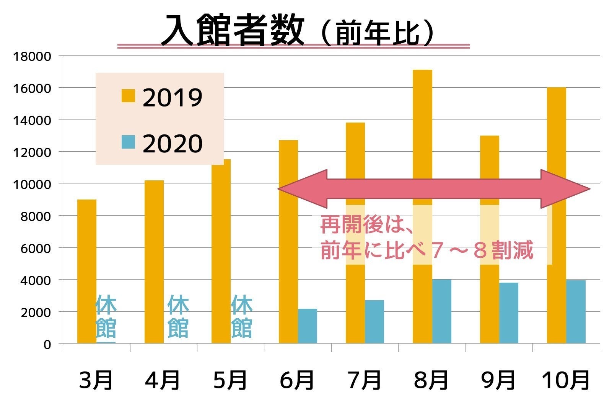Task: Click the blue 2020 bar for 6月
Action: [308, 326]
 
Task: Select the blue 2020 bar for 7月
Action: [374, 322]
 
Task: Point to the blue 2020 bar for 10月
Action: [576, 312]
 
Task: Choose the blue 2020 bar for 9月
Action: [509, 313]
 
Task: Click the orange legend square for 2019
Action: [129, 96]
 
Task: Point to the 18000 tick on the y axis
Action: [32, 56]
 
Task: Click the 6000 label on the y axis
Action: [36, 248]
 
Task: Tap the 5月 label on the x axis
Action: [230, 380]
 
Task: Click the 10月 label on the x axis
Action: [565, 380]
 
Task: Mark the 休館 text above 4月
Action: [178, 316]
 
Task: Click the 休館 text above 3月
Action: [106, 316]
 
